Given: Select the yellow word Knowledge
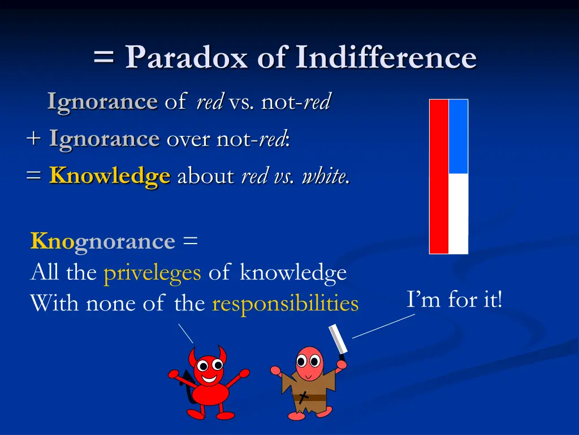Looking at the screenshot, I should click(110, 176).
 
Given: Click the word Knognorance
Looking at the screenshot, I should click(103, 241).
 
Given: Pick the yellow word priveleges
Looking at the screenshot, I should click(152, 273).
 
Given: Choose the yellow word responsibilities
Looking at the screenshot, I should click(285, 304).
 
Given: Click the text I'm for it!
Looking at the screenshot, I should click(454, 298).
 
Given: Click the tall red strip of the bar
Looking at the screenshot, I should click(439, 176).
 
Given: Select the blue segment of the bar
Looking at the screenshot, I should click(458, 137).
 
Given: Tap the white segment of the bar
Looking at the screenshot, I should click(458, 213).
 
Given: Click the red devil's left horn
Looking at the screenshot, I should click(193, 356).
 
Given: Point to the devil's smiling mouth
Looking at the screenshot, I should click(210, 378).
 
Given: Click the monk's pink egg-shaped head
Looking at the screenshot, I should click(309, 362).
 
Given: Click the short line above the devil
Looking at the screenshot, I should click(185, 332).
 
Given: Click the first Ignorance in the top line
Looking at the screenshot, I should click(102, 102).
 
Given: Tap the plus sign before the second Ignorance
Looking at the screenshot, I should click(34, 139).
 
